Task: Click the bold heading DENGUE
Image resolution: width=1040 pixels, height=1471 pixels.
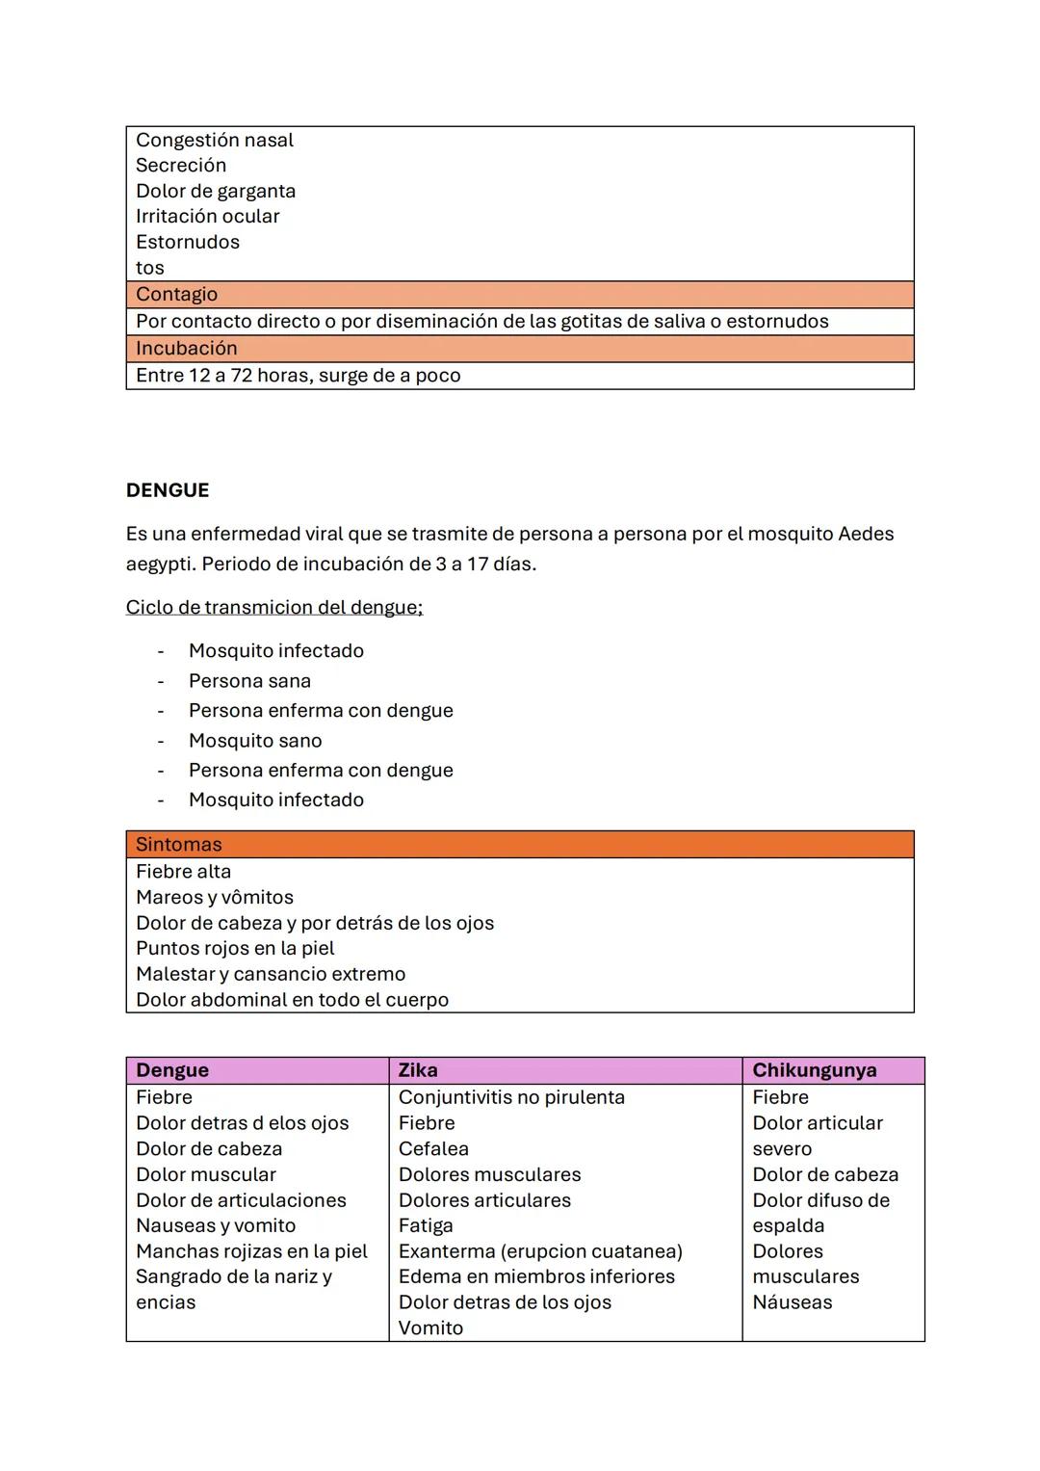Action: pyautogui.click(x=168, y=490)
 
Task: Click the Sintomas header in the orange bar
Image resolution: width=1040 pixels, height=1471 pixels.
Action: pyautogui.click(x=179, y=845)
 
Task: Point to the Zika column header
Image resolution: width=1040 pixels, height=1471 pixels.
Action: pyautogui.click(x=418, y=1070)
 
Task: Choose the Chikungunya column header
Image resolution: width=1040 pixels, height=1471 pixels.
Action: pyautogui.click(x=814, y=1070)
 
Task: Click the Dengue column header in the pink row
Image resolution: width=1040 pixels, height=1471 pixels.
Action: pyautogui.click(x=172, y=1070)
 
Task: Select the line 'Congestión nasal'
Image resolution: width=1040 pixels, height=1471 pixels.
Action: pyautogui.click(x=215, y=141)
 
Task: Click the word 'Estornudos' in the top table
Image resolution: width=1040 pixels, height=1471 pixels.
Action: pyautogui.click(x=188, y=243)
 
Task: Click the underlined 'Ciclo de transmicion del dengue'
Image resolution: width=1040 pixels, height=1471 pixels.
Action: pyautogui.click(x=274, y=608)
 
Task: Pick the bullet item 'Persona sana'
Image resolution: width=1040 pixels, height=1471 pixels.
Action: pyautogui.click(x=249, y=681)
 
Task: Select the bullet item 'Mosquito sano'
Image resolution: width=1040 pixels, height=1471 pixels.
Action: pyautogui.click(x=255, y=741)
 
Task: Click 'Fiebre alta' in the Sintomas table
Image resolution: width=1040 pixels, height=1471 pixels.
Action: pyautogui.click(x=183, y=872)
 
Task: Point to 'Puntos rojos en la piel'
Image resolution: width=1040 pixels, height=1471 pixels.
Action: pyautogui.click(x=235, y=949)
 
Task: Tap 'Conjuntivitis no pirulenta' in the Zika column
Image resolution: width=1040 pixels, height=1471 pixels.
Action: pyautogui.click(x=511, y=1097)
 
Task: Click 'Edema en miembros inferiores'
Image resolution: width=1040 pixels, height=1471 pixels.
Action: pyautogui.click(x=536, y=1276)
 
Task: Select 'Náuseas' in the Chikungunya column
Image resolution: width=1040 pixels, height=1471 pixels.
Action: pyautogui.click(x=793, y=1302)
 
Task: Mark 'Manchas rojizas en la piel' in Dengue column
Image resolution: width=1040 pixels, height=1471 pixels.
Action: pyautogui.click(x=251, y=1251)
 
